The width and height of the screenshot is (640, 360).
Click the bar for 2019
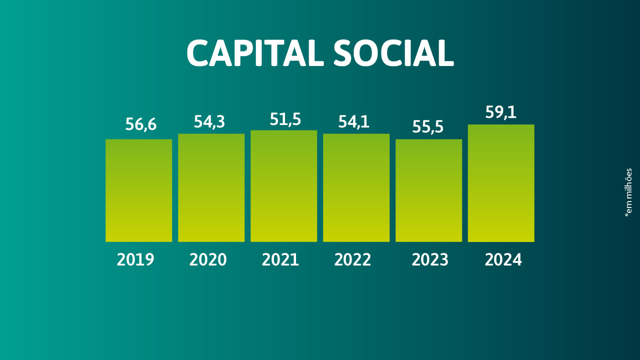[138, 190]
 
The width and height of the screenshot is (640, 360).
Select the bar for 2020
[211, 187]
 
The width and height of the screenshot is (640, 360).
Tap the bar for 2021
[283, 186]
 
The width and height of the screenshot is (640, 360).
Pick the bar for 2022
[356, 187]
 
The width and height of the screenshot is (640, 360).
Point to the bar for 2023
[428, 190]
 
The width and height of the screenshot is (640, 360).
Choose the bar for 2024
[501, 183]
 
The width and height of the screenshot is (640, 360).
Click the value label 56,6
[141, 124]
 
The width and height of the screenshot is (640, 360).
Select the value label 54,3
[209, 121]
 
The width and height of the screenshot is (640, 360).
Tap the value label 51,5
[285, 119]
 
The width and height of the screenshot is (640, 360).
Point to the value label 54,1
[354, 121]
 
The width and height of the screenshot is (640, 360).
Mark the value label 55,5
[428, 127]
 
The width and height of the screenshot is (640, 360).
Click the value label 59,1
[500, 112]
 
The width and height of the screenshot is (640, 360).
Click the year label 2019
[135, 260]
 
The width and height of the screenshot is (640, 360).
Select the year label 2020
[208, 260]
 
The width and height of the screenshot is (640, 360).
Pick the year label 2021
[280, 260]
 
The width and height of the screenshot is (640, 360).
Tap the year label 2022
[353, 260]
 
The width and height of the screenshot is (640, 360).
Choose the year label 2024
[503, 260]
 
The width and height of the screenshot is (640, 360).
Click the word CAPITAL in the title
[255, 53]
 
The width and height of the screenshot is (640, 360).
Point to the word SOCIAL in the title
[393, 53]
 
